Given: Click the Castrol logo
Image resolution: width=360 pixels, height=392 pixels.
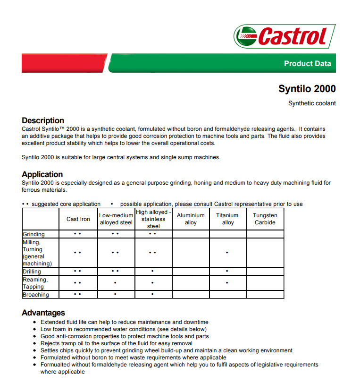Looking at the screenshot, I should click(285, 36).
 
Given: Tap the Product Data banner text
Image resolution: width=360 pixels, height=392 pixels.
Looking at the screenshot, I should click(307, 64).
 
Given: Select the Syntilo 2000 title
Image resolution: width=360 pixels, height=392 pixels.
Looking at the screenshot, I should click(307, 89).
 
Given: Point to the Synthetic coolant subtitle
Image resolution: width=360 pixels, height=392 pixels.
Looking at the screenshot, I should click(312, 103).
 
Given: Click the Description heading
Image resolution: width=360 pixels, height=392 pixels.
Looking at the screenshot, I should click(43, 120).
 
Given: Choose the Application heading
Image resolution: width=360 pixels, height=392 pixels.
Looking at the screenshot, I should click(42, 174).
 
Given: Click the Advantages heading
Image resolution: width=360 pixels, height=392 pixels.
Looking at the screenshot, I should click(43, 313).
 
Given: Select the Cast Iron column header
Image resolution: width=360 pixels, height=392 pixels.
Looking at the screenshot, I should click(78, 219).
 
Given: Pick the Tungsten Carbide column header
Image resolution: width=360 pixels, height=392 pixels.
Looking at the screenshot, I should click(265, 219).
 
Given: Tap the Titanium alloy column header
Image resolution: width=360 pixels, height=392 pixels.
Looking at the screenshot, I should click(227, 219).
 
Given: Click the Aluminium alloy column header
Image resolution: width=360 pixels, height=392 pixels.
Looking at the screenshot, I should click(191, 219).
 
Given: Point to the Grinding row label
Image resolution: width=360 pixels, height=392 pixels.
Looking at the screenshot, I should click(34, 234).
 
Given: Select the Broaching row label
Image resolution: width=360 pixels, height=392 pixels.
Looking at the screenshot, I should click(36, 295).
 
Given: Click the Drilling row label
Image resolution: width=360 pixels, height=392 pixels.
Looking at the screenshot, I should click(32, 272).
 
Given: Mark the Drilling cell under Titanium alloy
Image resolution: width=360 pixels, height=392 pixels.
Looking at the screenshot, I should click(227, 272).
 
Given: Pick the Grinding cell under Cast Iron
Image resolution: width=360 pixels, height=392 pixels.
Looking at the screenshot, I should click(78, 234).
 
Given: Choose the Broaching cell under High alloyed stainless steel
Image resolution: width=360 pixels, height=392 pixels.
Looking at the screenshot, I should click(153, 295).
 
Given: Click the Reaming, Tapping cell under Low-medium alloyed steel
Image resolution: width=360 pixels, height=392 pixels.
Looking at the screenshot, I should click(116, 283).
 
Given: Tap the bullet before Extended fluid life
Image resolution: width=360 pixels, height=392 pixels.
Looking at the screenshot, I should click(35, 322).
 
